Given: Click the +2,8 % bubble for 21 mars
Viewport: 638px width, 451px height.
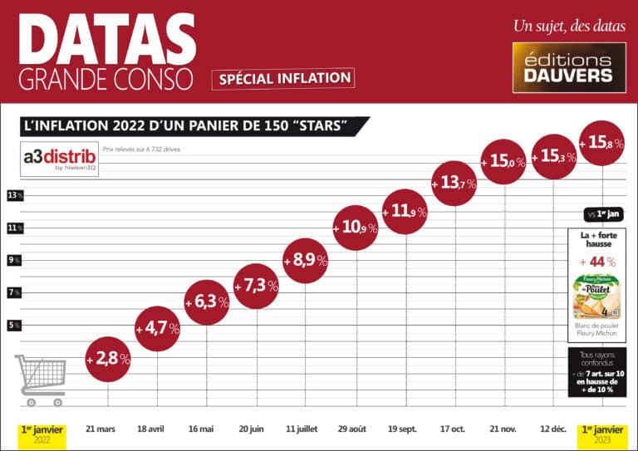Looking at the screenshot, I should pyautogui.click(x=108, y=360).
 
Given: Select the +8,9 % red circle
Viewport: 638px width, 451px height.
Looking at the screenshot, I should pyautogui.click(x=305, y=260).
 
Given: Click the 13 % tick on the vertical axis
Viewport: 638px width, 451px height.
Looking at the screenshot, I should pyautogui.click(x=14, y=195).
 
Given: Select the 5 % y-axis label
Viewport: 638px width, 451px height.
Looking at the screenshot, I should pyautogui.click(x=14, y=325).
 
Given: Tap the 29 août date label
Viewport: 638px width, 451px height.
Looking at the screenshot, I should pyautogui.click(x=353, y=429).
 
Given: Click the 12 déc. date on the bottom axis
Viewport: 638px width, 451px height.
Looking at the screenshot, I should pyautogui.click(x=552, y=429).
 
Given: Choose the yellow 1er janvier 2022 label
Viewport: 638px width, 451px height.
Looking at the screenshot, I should pyautogui.click(x=42, y=433).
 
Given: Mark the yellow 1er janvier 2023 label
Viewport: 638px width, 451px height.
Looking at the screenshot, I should pyautogui.click(x=602, y=433).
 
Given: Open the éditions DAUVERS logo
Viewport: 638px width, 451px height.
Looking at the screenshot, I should pyautogui.click(x=568, y=68).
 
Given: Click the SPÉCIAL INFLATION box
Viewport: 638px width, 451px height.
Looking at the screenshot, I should pyautogui.click(x=283, y=78).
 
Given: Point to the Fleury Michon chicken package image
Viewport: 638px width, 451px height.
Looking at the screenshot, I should pyautogui.click(x=597, y=297).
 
